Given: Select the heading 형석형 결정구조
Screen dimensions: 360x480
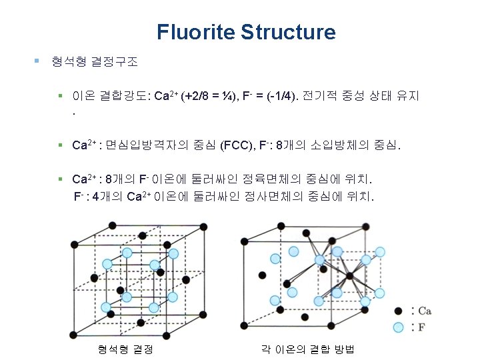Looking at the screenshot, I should coord(95,62).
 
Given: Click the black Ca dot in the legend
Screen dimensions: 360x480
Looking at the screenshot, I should coord(398,311).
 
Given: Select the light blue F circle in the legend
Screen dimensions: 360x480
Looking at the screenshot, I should coord(398,327).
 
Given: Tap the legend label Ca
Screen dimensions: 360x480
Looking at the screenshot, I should coord(423,311).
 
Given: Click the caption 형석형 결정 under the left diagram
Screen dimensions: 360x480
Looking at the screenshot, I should coord(125,349).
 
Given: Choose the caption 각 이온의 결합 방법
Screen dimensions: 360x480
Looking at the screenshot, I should coord(307,349).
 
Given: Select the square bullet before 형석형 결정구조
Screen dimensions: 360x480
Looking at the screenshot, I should coord(37,62).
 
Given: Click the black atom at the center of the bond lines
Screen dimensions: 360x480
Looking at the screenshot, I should coord(349,275).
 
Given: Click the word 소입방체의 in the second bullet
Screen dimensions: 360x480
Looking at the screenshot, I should coord(333,145).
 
